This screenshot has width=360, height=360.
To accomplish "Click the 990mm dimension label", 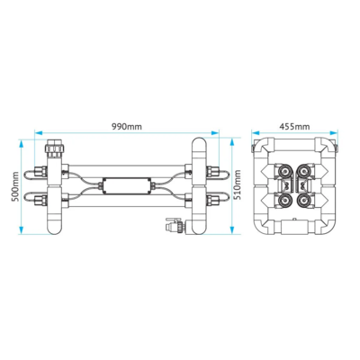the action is pos(127,127).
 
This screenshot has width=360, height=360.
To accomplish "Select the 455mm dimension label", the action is pos(294,127).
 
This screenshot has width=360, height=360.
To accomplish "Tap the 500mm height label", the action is pos(15,186).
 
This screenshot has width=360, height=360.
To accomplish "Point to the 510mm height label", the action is pos(238,185).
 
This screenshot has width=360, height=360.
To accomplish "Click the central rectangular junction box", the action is pos(126,186).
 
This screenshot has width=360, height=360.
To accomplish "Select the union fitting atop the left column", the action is pos(54,148).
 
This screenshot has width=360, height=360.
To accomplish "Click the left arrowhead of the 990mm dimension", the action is pos(39,132).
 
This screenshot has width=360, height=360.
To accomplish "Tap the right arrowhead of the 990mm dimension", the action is pos(215,132).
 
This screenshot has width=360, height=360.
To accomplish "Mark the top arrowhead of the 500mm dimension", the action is pos(22,144).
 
